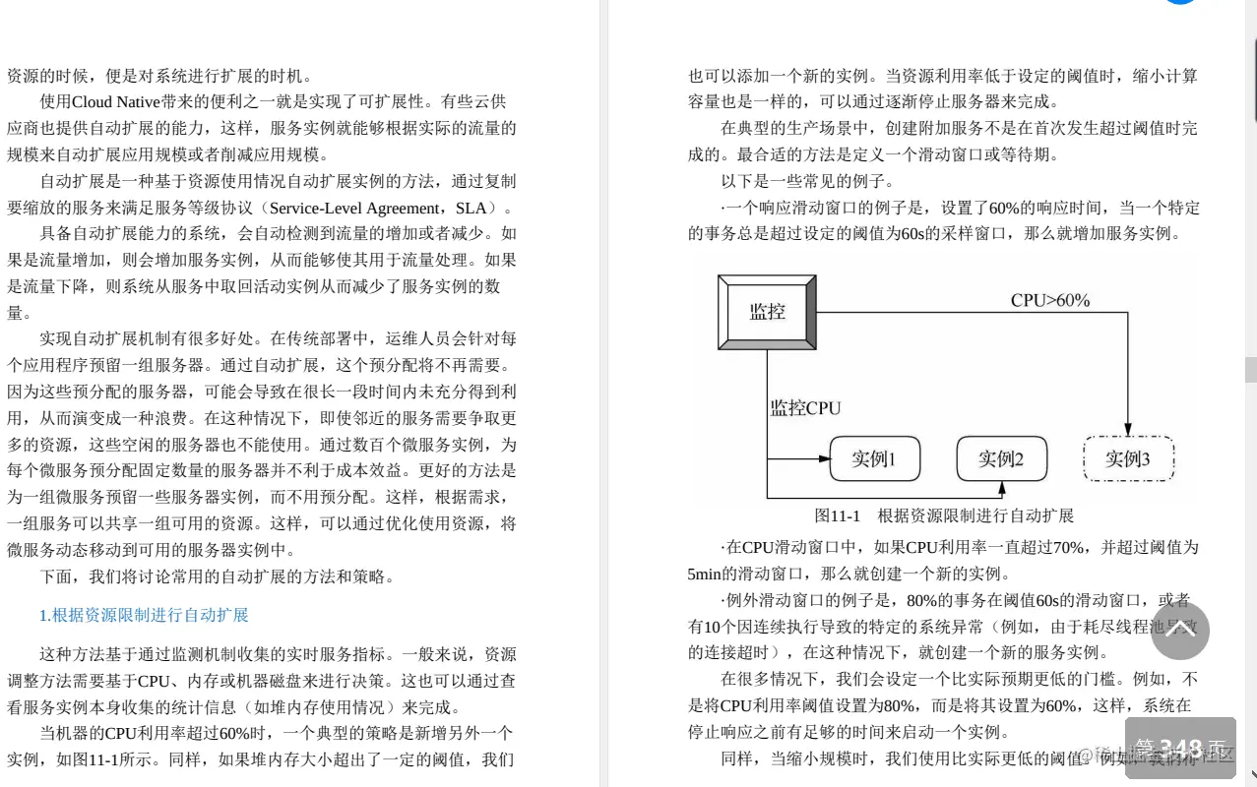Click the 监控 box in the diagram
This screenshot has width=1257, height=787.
click(767, 312)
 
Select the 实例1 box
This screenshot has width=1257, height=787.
click(874, 459)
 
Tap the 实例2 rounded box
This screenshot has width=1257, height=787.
click(1001, 459)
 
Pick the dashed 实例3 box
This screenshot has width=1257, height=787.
click(1127, 459)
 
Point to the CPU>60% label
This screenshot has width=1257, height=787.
click(1050, 301)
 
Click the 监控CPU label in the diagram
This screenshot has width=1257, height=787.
click(805, 407)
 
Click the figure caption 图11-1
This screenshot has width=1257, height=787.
click(838, 515)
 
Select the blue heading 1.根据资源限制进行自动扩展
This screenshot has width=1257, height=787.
click(144, 616)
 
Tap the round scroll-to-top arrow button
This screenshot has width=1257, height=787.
click(1179, 630)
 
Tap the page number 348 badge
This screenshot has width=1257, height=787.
click(1180, 749)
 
